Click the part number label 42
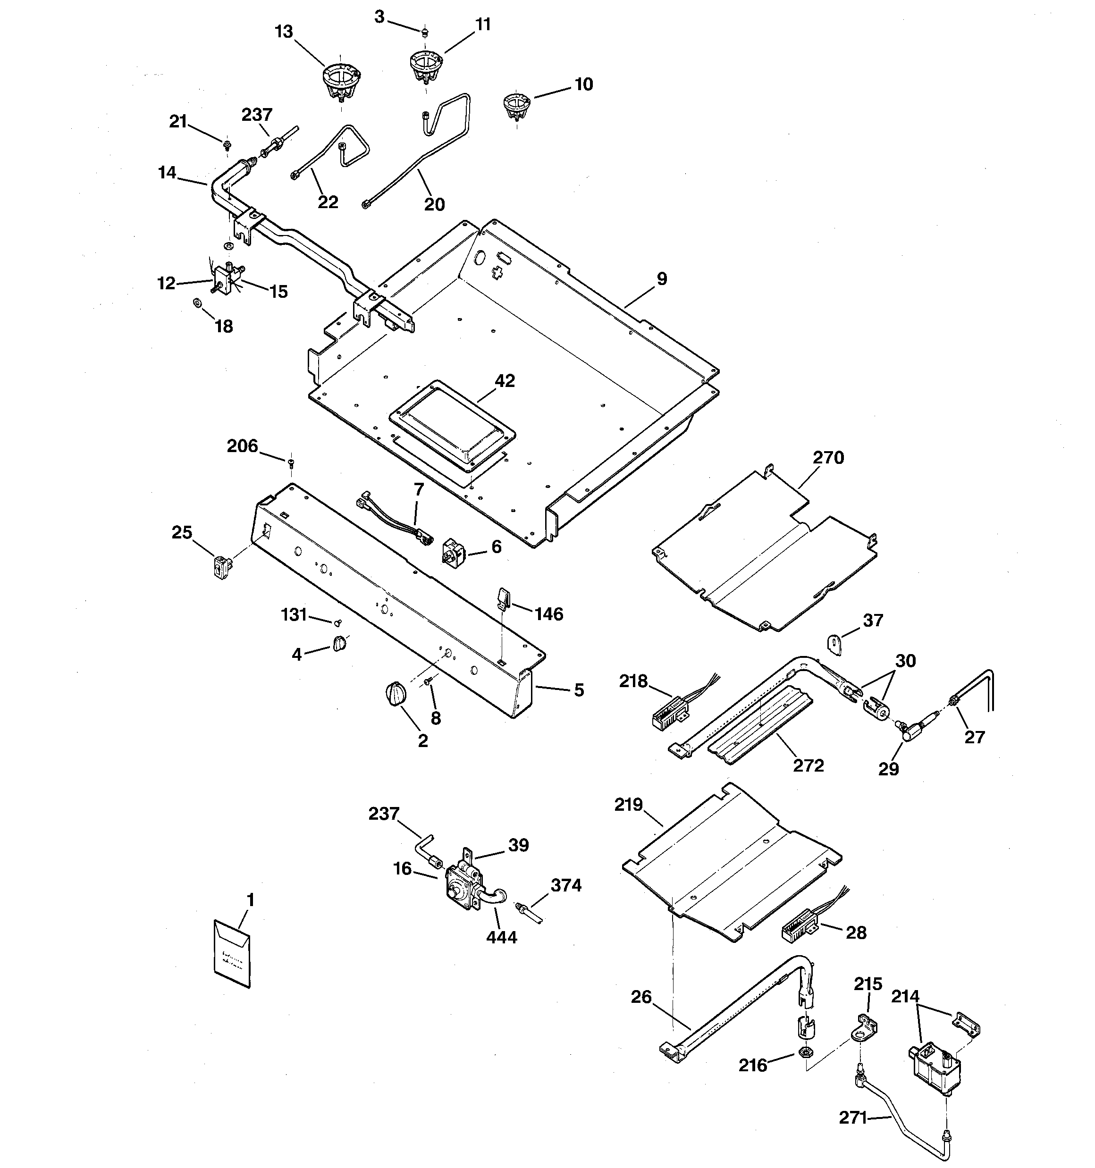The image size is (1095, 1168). pos(504,381)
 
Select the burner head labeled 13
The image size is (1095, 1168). pos(340,82)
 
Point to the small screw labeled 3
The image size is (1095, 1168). pos(424,31)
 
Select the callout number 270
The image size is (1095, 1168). pos(828,457)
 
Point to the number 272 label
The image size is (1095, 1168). pos(808,765)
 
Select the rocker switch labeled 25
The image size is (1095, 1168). pos(221,568)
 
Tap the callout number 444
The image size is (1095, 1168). pos(501,937)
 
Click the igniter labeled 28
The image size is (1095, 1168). pos(800,930)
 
